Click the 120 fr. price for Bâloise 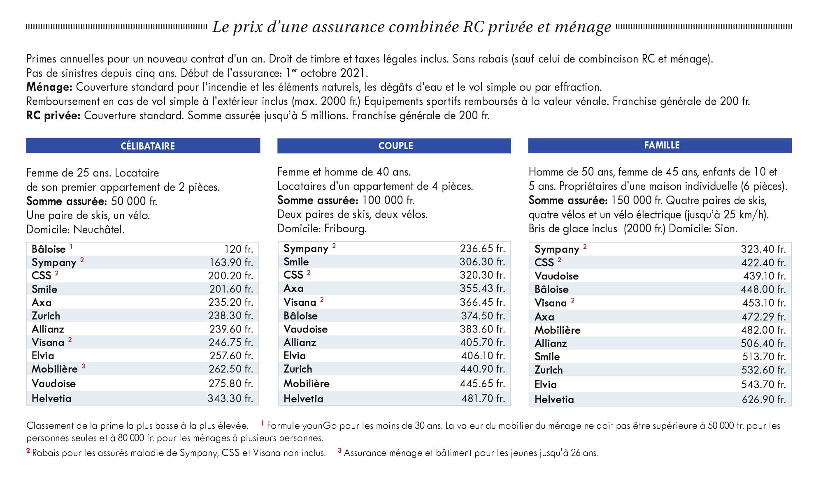pos(239,249)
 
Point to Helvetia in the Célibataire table pos(51,398)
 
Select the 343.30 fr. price pos(230,398)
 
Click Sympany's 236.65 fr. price pos(482,248)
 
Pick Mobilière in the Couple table pos(307,383)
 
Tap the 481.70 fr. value pos(483,398)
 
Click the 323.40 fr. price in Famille pos(763,249)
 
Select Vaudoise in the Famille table pos(556,276)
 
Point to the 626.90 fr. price pos(764,399)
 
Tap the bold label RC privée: pos(53,115)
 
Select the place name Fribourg pos(345,228)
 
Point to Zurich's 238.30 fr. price pos(231,316)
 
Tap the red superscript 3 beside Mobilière pos(84,366)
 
